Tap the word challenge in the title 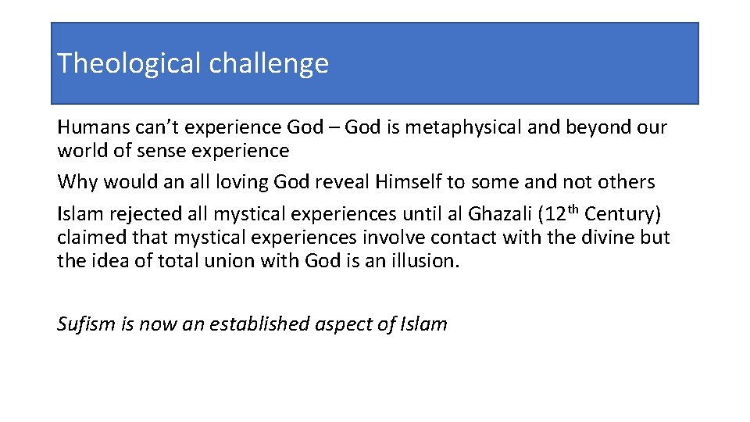(269, 63)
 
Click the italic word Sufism (86, 324)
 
